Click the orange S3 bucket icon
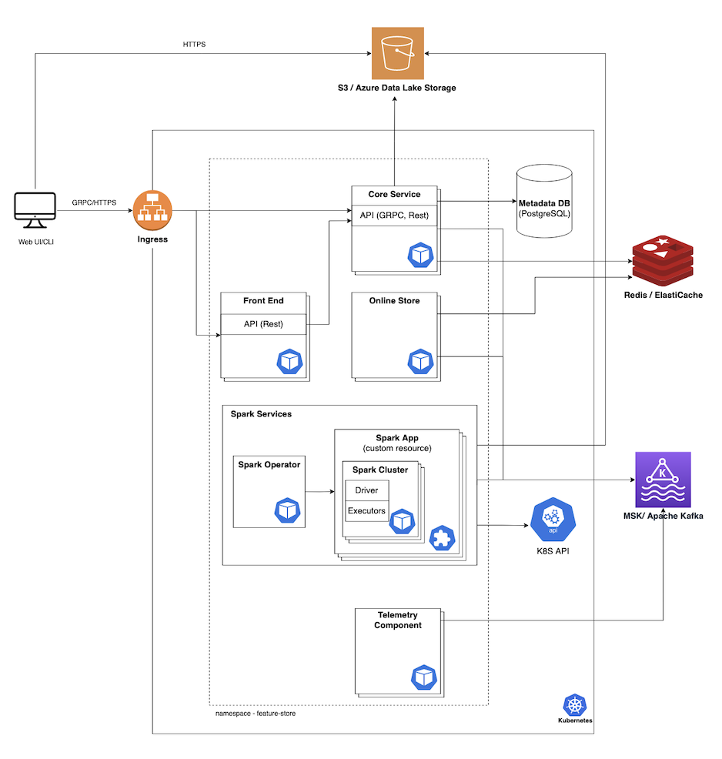[x=398, y=53]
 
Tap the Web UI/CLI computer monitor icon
[x=35, y=211]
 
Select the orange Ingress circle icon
[x=152, y=210]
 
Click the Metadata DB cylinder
[x=548, y=202]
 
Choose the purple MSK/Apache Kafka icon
[x=663, y=480]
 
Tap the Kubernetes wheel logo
[x=574, y=705]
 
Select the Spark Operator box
[x=269, y=491]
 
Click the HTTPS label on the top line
[x=194, y=45]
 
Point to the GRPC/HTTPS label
[x=93, y=202]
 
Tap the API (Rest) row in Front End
[x=263, y=324]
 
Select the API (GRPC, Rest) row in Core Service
[x=393, y=216]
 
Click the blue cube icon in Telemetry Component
[x=424, y=677]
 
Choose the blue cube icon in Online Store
[x=420, y=360]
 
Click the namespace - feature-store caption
[x=256, y=714]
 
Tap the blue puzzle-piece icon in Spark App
[x=442, y=538]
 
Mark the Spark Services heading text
[x=261, y=414]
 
